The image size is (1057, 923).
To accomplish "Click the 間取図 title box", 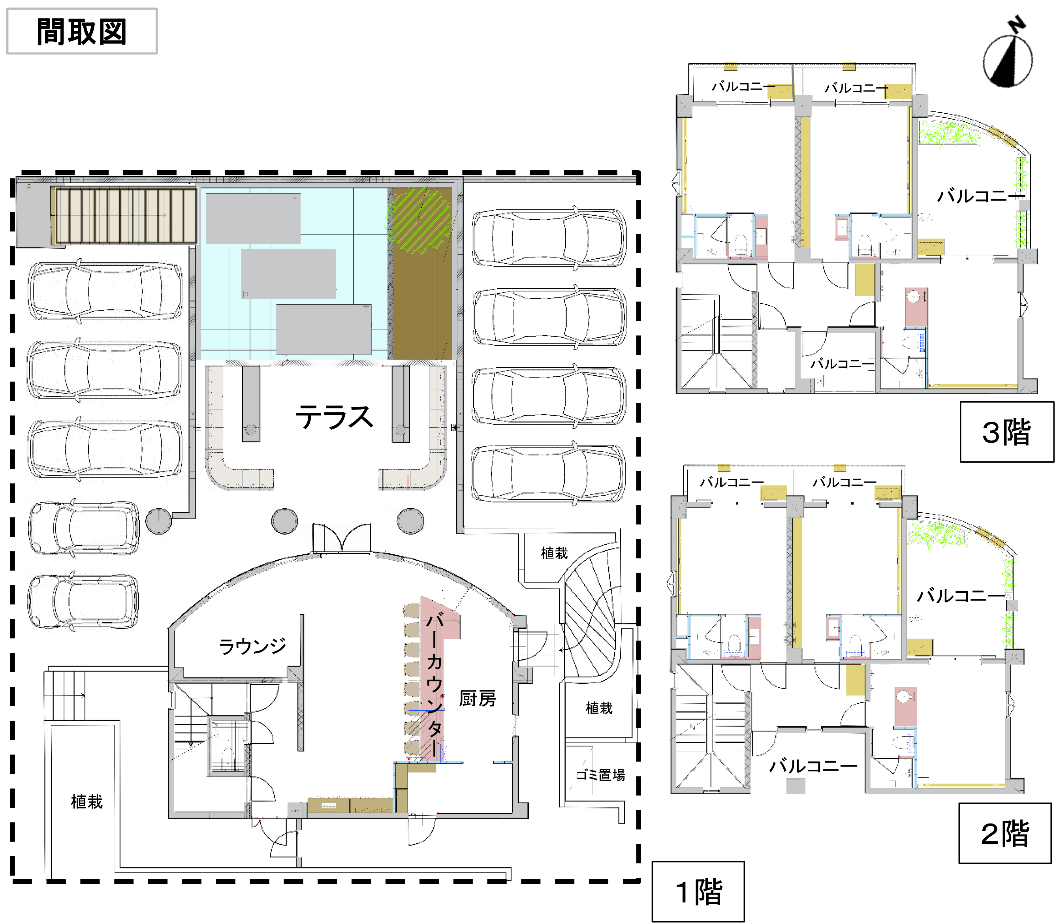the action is click(x=82, y=31).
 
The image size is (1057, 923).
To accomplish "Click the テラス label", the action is click(x=334, y=417).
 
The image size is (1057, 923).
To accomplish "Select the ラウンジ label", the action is click(x=252, y=646).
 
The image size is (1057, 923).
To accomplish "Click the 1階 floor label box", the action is click(x=698, y=891).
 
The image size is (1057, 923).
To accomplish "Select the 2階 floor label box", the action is click(x=1004, y=833).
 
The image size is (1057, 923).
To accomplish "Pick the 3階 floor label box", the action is click(x=1006, y=432).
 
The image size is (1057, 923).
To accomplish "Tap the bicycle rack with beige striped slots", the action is click(x=124, y=215).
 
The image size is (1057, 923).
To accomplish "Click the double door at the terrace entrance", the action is click(x=342, y=538).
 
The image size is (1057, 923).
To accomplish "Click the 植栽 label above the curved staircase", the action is click(x=554, y=553).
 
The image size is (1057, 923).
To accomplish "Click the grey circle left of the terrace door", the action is click(x=285, y=521).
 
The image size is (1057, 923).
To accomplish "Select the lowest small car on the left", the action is click(x=83, y=601).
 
